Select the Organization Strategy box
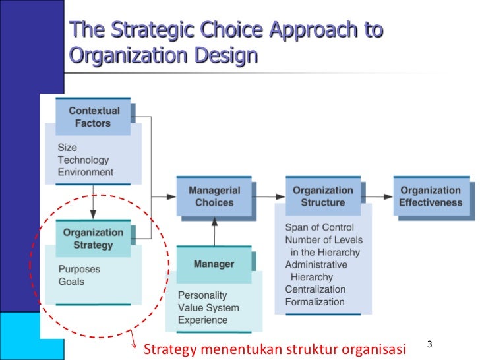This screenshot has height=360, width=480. click(x=93, y=239)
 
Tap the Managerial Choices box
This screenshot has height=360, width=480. click(x=214, y=196)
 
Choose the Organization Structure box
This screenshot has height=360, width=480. click(x=323, y=196)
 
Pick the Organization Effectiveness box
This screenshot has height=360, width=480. click(x=431, y=196)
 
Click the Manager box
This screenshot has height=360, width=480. click(x=214, y=264)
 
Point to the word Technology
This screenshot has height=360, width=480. click(x=83, y=160)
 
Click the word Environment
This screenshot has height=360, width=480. click(x=86, y=172)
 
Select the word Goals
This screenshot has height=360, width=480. click(x=71, y=282)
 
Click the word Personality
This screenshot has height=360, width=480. click(x=202, y=295)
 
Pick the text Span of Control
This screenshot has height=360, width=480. click(x=319, y=227)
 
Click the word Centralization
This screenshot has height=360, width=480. click(x=315, y=289)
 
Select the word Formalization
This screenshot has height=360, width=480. click(x=315, y=302)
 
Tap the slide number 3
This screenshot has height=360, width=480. click(x=429, y=345)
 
